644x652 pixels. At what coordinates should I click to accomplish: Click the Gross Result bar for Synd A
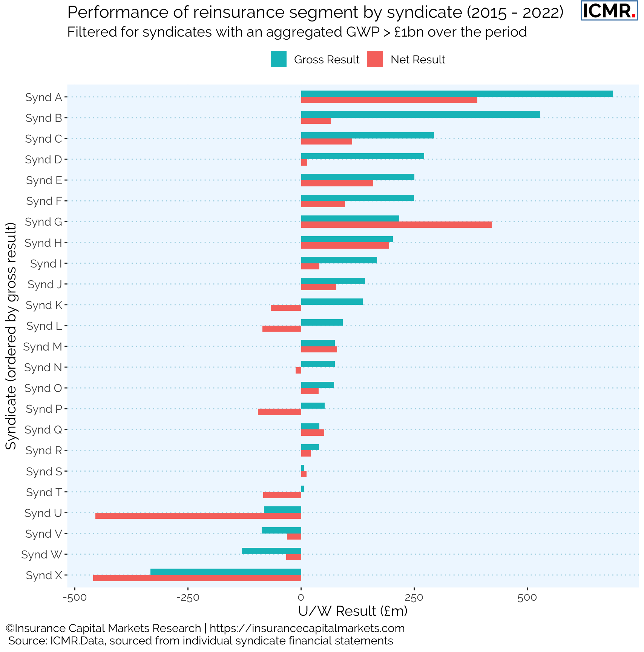457,94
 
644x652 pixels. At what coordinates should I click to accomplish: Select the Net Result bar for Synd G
396,225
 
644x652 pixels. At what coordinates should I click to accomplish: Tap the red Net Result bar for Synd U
198,516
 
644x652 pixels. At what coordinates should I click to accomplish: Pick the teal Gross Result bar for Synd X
225,572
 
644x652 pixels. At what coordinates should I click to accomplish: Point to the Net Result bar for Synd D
304,163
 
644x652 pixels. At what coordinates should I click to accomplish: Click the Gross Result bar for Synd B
420,115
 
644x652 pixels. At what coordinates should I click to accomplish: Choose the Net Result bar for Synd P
279,412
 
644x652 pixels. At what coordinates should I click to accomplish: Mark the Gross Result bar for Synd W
271,551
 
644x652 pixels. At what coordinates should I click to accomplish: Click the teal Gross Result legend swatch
279,60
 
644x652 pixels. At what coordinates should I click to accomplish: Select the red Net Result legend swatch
375,60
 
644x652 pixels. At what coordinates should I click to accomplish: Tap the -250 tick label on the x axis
188,598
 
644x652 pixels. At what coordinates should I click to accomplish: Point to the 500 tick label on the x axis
527,598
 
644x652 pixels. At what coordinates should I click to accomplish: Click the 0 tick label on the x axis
301,598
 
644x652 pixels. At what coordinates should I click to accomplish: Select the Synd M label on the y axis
43,347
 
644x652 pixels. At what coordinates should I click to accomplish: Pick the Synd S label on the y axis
44,472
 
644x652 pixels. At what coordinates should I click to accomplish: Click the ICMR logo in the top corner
609,11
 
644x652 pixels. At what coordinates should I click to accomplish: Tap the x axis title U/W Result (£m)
353,611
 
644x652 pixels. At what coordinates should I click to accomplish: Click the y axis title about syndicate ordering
11,336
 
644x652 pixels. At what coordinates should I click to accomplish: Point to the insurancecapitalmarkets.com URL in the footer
307,628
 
